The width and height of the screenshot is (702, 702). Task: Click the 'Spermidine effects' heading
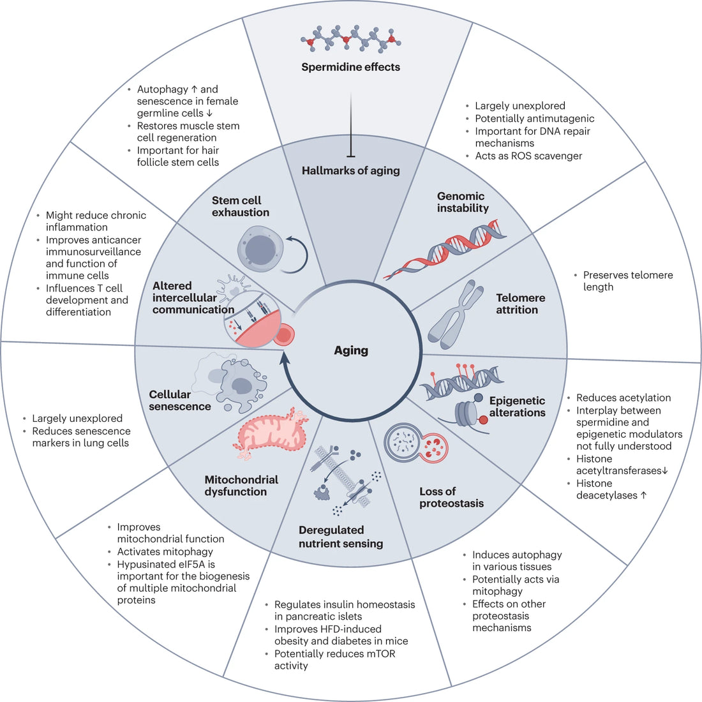[350, 67]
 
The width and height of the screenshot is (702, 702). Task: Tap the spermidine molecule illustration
[350, 41]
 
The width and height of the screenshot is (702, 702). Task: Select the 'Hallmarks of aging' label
[350, 170]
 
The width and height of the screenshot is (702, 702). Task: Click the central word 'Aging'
[350, 350]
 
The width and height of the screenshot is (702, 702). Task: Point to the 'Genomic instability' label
[463, 202]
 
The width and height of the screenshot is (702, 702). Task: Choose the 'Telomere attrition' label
[520, 304]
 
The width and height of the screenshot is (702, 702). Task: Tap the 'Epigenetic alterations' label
[517, 407]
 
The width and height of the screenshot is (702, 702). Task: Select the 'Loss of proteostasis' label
[451, 497]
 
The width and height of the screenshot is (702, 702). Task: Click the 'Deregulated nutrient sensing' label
[341, 537]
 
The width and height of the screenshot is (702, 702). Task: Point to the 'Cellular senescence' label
[179, 400]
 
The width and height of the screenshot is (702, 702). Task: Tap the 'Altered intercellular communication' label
[193, 297]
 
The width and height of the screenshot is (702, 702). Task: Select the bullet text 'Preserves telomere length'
[627, 281]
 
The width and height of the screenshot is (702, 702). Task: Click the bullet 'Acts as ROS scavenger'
[528, 156]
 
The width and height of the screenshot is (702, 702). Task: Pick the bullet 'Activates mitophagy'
[165, 551]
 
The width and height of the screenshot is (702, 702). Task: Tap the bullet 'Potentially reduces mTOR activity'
[334, 659]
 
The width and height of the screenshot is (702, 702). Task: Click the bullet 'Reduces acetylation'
[623, 398]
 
